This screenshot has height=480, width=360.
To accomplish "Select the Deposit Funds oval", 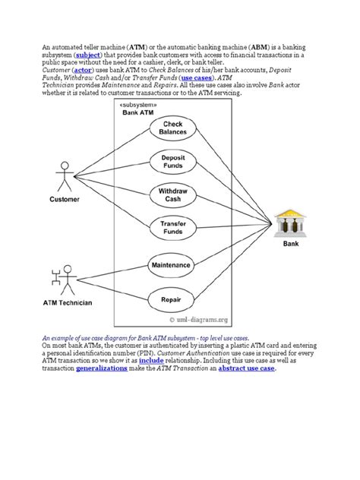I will click(172, 161).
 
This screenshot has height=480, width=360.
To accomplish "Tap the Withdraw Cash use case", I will click(172, 194).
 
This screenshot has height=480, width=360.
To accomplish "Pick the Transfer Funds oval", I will click(172, 228).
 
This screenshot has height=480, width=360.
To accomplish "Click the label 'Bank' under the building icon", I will click(291, 245).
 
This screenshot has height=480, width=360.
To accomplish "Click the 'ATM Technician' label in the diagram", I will click(67, 303).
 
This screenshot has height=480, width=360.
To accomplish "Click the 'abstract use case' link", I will click(246, 368).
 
